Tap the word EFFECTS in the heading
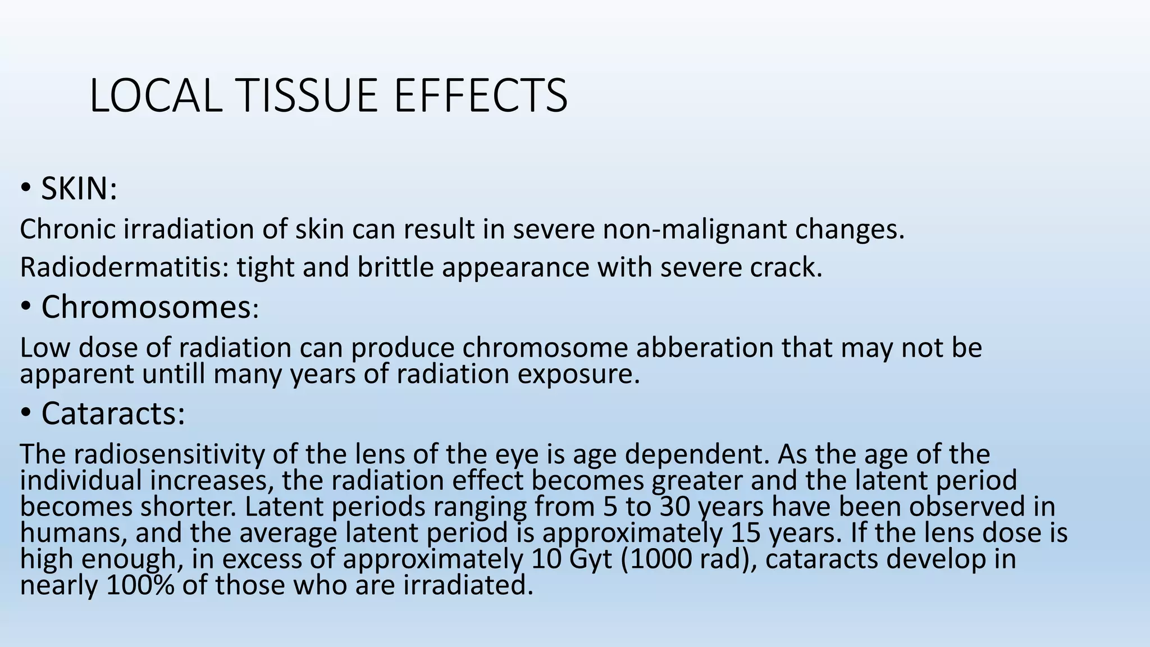pyautogui.click(x=481, y=95)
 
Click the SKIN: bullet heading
pyautogui.click(x=79, y=189)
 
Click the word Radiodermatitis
pyautogui.click(x=124, y=267)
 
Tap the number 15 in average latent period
pyautogui.click(x=746, y=532)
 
